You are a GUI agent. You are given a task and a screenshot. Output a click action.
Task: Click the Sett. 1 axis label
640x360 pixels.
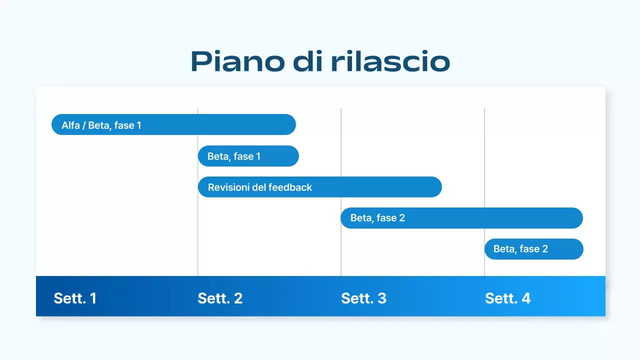[x=75, y=298]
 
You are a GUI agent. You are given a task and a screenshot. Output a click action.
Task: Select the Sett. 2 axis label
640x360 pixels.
[x=220, y=298]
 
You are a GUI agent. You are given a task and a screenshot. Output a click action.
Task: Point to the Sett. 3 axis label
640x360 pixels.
[x=363, y=298]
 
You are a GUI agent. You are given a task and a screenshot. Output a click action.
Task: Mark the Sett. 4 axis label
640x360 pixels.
[x=507, y=298]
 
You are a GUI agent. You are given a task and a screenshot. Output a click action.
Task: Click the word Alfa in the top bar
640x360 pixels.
[x=70, y=125]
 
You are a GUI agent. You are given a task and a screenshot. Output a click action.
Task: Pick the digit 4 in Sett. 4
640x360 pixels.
[x=525, y=298]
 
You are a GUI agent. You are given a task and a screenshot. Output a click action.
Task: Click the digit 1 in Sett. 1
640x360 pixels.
[x=93, y=298]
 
